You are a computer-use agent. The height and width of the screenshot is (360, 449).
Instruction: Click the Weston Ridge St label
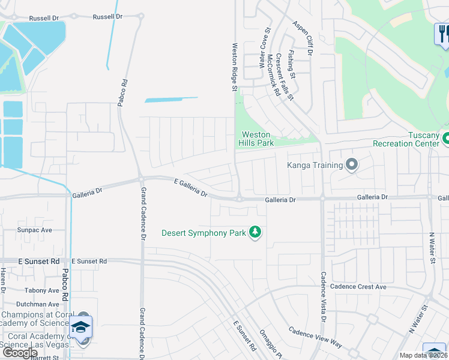click(235, 67)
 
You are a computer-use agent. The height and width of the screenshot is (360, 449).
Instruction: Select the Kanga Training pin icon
click(352, 164)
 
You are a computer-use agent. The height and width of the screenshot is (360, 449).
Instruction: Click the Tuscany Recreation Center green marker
click(445, 139)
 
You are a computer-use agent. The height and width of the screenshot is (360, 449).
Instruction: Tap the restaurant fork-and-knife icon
click(442, 34)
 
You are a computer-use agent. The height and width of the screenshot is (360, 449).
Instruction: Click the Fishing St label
click(291, 64)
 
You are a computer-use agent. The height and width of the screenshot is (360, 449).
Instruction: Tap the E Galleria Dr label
click(190, 188)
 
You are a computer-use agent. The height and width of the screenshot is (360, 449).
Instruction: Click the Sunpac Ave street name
click(35, 230)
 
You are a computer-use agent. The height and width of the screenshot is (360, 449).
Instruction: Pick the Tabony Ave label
click(42, 290)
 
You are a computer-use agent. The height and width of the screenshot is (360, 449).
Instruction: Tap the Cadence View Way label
click(315, 338)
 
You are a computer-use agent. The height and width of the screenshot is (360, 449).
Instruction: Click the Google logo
click(20, 353)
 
